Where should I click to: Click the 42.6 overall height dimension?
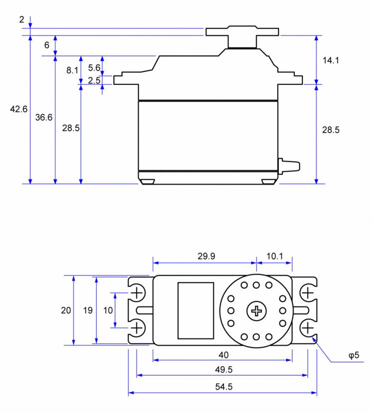click(18, 109)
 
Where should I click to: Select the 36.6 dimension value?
click(44, 117)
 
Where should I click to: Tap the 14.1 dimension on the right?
click(331, 60)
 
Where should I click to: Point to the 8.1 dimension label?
click(72, 70)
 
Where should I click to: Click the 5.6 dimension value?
click(94, 68)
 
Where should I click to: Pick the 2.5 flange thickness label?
click(94, 80)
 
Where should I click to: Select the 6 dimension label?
click(46, 45)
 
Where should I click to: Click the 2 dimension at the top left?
click(21, 19)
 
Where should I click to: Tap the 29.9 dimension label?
click(206, 256)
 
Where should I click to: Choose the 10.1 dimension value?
click(275, 256)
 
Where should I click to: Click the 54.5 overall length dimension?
click(224, 387)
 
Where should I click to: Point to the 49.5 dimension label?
click(224, 370)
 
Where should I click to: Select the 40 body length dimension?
click(223, 355)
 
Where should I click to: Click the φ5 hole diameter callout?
click(354, 355)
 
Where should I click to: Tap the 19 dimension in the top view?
click(88, 310)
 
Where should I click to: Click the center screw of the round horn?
click(256, 311)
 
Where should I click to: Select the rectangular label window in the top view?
click(195, 311)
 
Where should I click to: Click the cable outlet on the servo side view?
click(289, 166)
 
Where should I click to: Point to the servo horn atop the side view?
click(242, 36)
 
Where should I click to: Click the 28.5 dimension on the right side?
click(331, 130)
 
